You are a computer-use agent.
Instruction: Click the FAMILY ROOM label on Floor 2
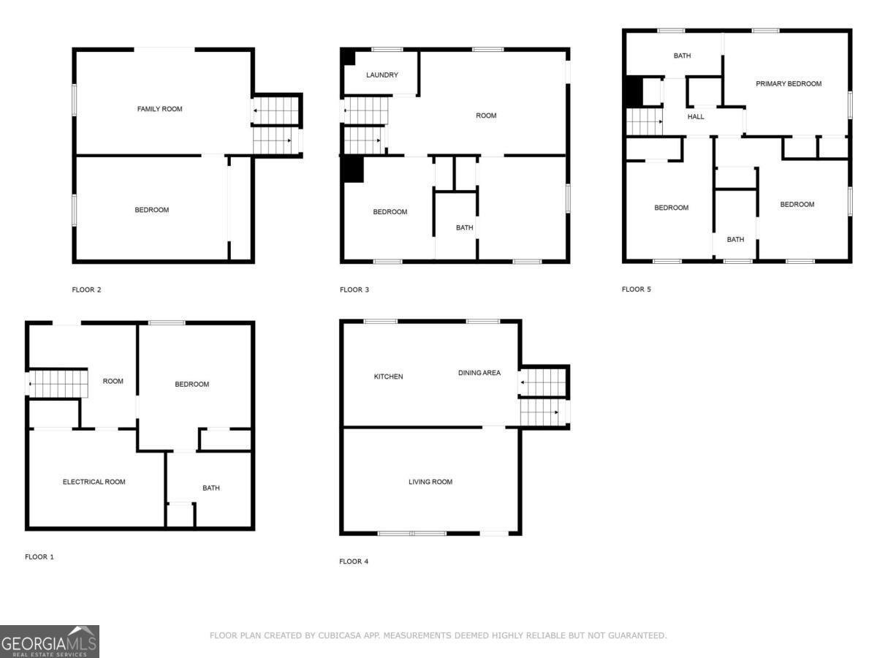coord(159,109)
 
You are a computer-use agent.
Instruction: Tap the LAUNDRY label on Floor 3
coord(381,75)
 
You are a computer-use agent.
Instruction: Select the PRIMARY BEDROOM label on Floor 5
coord(788,83)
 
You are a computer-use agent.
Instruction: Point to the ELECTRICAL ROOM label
coord(94,482)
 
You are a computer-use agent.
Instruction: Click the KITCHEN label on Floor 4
coord(388,377)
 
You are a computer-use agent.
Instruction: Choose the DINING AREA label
coord(479,373)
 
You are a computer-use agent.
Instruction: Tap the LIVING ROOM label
coord(430,482)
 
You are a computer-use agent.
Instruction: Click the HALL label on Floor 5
coord(696,116)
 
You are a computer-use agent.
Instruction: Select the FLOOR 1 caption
coord(39,557)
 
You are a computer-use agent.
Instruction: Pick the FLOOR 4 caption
coord(354,561)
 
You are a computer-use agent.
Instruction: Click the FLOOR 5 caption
coord(636,290)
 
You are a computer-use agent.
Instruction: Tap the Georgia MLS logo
coord(49,641)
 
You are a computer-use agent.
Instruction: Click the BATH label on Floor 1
coord(210,488)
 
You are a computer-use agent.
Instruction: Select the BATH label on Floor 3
coord(464,227)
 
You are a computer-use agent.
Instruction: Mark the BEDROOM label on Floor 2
coord(151,210)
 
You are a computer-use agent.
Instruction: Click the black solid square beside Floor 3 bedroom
coord(353,169)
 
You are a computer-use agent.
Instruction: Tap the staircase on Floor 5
coord(644,121)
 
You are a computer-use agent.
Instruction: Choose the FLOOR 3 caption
coord(354,290)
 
